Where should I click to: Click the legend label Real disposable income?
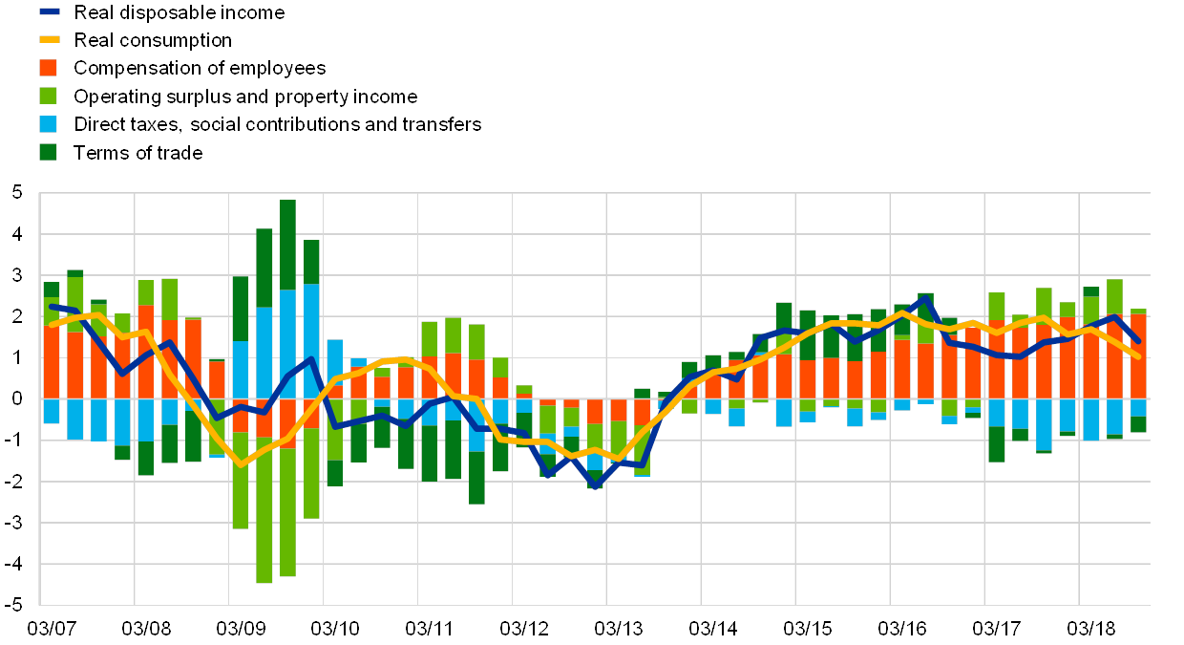click(x=181, y=12)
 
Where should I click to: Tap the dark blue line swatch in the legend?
click(x=49, y=12)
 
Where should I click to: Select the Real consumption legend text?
click(x=155, y=40)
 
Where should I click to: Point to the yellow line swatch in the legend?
click(x=49, y=40)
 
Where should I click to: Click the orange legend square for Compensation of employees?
click(x=49, y=68)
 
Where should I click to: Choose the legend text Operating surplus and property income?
click(x=246, y=97)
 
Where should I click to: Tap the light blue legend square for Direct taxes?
click(x=49, y=124)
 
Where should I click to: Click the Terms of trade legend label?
click(x=139, y=152)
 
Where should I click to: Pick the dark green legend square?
click(x=49, y=152)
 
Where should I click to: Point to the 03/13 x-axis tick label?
click(x=618, y=629)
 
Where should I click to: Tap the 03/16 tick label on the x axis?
click(x=901, y=629)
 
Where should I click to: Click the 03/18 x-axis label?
click(x=1090, y=629)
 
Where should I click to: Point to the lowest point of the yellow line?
click(x=241, y=464)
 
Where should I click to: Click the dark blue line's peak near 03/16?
click(x=924, y=298)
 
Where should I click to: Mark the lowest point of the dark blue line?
click(x=594, y=486)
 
